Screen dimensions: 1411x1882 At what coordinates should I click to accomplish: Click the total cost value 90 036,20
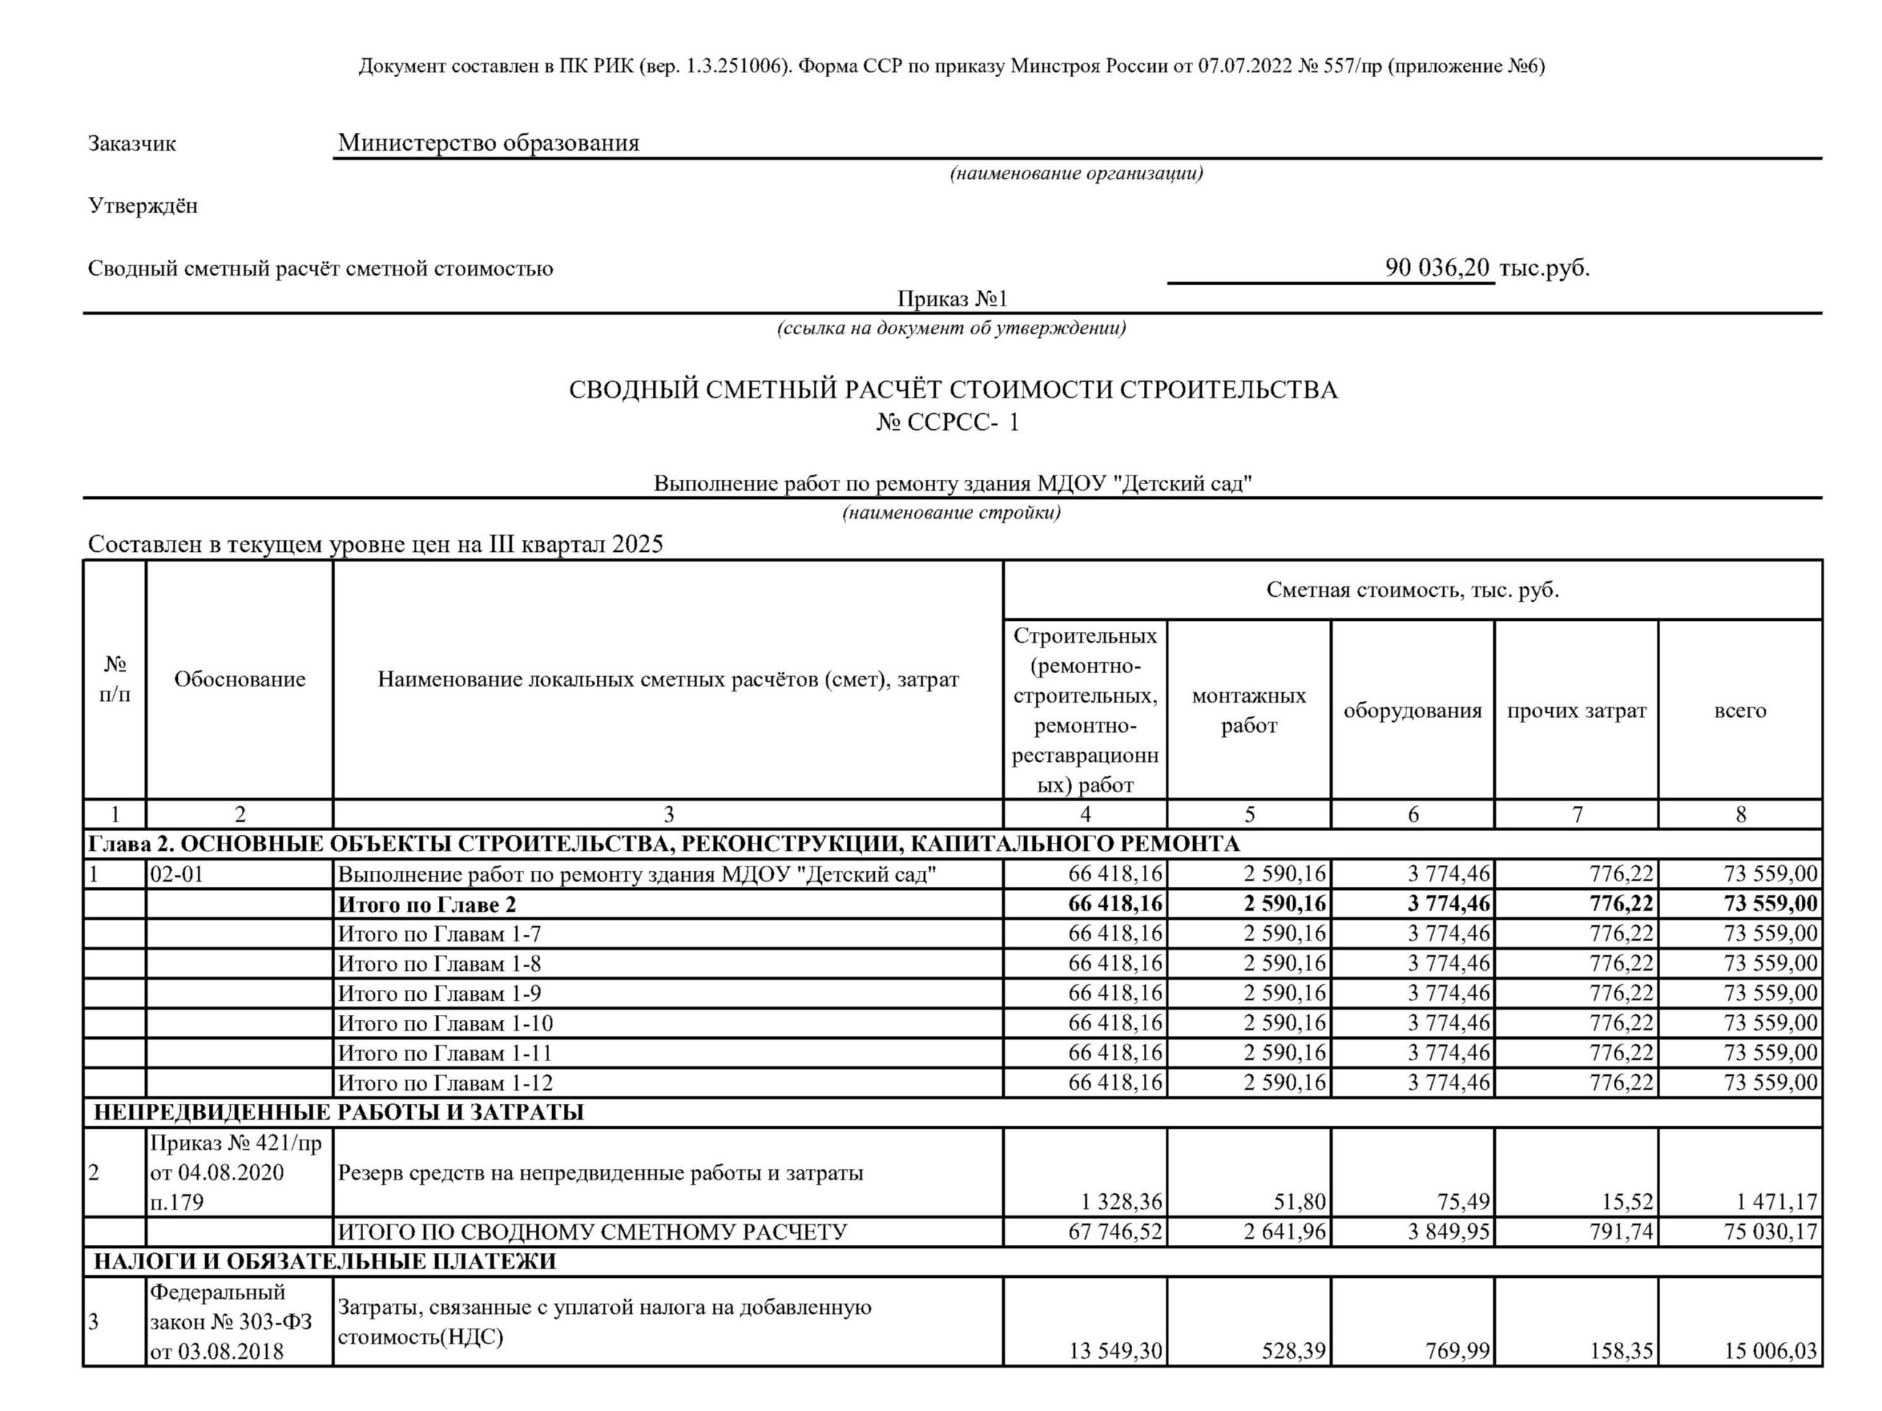pyautogui.click(x=1437, y=268)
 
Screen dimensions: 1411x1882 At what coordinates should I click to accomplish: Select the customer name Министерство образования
pyautogui.click(x=488, y=143)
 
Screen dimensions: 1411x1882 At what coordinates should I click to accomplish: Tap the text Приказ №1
pyautogui.click(x=952, y=298)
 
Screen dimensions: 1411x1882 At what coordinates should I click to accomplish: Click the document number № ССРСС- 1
pyautogui.click(x=948, y=423)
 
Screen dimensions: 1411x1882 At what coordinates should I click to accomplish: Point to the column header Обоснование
pyautogui.click(x=239, y=679)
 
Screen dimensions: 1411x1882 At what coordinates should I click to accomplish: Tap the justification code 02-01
pyautogui.click(x=177, y=874)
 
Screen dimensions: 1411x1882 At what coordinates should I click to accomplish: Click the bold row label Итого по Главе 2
pyautogui.click(x=426, y=904)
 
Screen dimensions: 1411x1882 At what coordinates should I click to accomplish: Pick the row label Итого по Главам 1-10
pyautogui.click(x=445, y=1023)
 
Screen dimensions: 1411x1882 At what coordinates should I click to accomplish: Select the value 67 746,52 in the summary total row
pyautogui.click(x=1114, y=1232)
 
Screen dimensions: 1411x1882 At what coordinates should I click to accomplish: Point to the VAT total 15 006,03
pyautogui.click(x=1770, y=1351)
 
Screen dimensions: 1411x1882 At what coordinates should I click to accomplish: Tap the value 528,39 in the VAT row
pyautogui.click(x=1293, y=1351)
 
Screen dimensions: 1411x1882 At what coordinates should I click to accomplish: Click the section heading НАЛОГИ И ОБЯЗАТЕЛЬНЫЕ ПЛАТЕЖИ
pyautogui.click(x=324, y=1261)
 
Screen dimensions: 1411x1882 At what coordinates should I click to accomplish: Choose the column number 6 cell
pyautogui.click(x=1413, y=815)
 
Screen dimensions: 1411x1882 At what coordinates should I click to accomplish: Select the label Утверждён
pyautogui.click(x=143, y=206)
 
